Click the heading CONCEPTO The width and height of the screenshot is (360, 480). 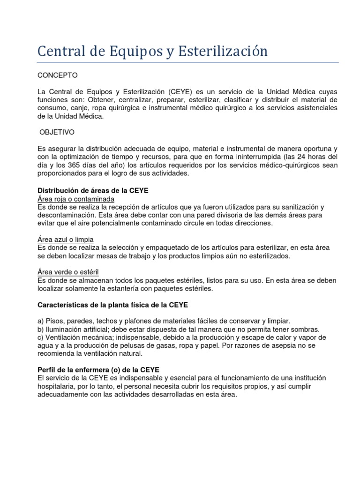(x=58, y=75)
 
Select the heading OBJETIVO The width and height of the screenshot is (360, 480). (x=57, y=133)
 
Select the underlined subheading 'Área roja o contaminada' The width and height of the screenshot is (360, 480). (x=75, y=199)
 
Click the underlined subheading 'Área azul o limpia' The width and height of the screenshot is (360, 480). (x=65, y=240)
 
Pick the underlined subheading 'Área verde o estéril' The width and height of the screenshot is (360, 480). (x=67, y=272)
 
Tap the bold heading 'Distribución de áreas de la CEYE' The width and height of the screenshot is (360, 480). (x=92, y=191)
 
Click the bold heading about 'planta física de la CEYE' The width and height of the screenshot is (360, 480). (x=112, y=305)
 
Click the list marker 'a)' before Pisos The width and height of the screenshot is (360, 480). (x=41, y=321)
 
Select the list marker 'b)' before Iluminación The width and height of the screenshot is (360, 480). (x=41, y=330)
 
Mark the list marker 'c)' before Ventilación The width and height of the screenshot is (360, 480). (x=41, y=337)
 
